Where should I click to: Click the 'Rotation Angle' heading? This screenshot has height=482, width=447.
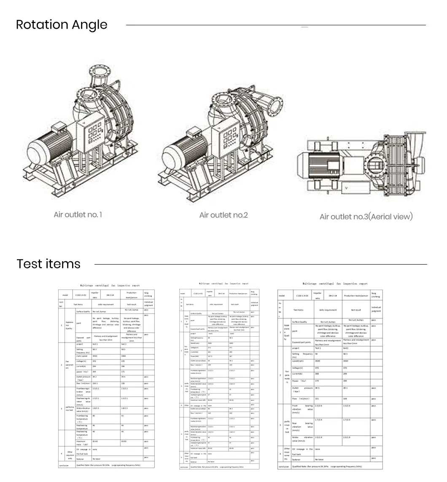pos(62,25)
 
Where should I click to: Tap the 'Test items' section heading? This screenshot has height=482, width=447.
pos(48,264)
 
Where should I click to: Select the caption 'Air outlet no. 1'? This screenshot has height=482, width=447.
pos(78,214)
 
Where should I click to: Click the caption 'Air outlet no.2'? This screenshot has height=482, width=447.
pos(223,215)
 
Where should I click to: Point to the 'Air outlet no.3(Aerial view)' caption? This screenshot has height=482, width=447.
pos(366,217)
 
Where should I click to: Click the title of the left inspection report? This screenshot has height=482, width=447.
pos(107,285)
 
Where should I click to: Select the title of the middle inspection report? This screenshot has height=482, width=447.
pos(223,284)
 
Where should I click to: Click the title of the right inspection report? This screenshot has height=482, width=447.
pos(335,284)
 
